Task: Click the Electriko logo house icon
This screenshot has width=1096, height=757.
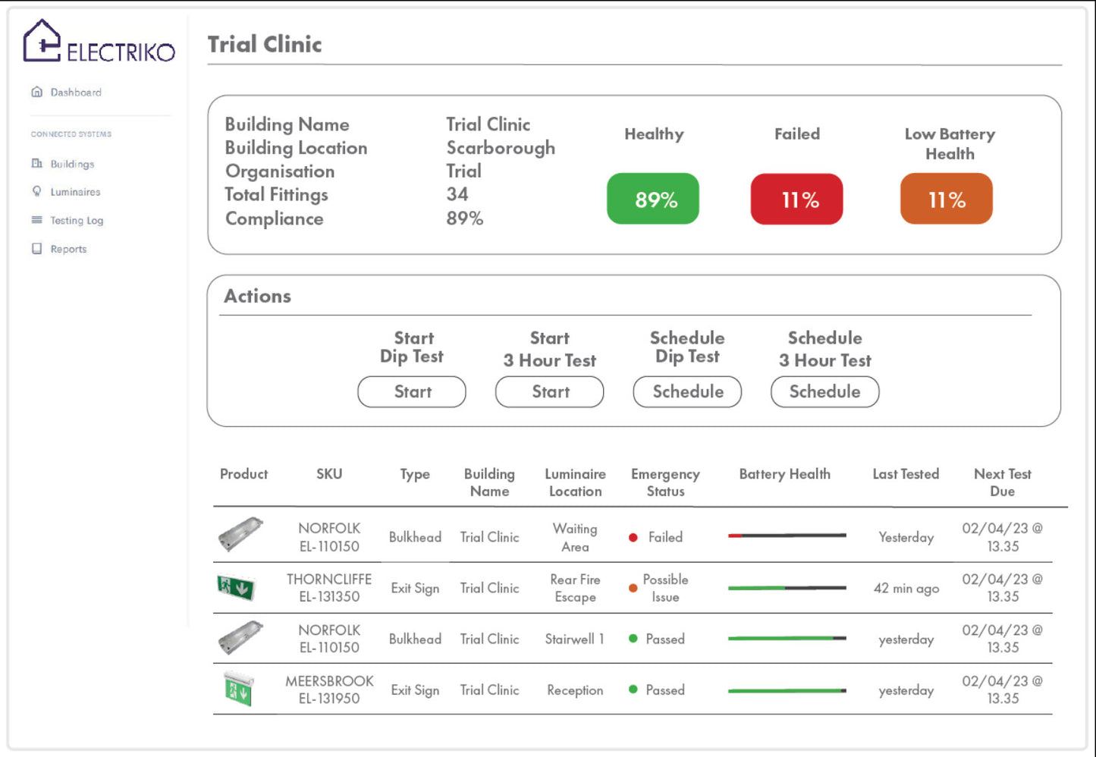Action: click(42, 41)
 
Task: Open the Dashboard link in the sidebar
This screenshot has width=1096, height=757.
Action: click(75, 93)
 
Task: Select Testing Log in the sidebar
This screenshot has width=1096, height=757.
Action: click(76, 221)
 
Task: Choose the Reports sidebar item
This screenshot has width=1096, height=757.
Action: click(68, 249)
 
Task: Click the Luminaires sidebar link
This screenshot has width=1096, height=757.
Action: click(75, 192)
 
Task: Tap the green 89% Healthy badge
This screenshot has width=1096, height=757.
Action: click(653, 199)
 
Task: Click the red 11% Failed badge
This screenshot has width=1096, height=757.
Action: click(796, 199)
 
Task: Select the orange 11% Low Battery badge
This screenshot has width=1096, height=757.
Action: click(946, 199)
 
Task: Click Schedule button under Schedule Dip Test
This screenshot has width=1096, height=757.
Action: click(687, 392)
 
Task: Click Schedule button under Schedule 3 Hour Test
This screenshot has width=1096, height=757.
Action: click(824, 392)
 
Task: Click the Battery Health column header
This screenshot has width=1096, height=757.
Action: click(784, 474)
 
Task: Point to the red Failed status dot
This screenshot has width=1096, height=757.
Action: click(633, 538)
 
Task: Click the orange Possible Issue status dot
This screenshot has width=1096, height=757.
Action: click(633, 588)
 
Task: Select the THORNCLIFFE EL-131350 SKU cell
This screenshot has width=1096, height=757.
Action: click(329, 588)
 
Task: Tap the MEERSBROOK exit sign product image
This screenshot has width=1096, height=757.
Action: click(239, 689)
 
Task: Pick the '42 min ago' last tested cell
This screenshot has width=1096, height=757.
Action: click(906, 589)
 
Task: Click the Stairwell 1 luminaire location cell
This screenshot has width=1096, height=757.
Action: click(574, 639)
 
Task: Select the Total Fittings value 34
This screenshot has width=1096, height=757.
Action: click(457, 195)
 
